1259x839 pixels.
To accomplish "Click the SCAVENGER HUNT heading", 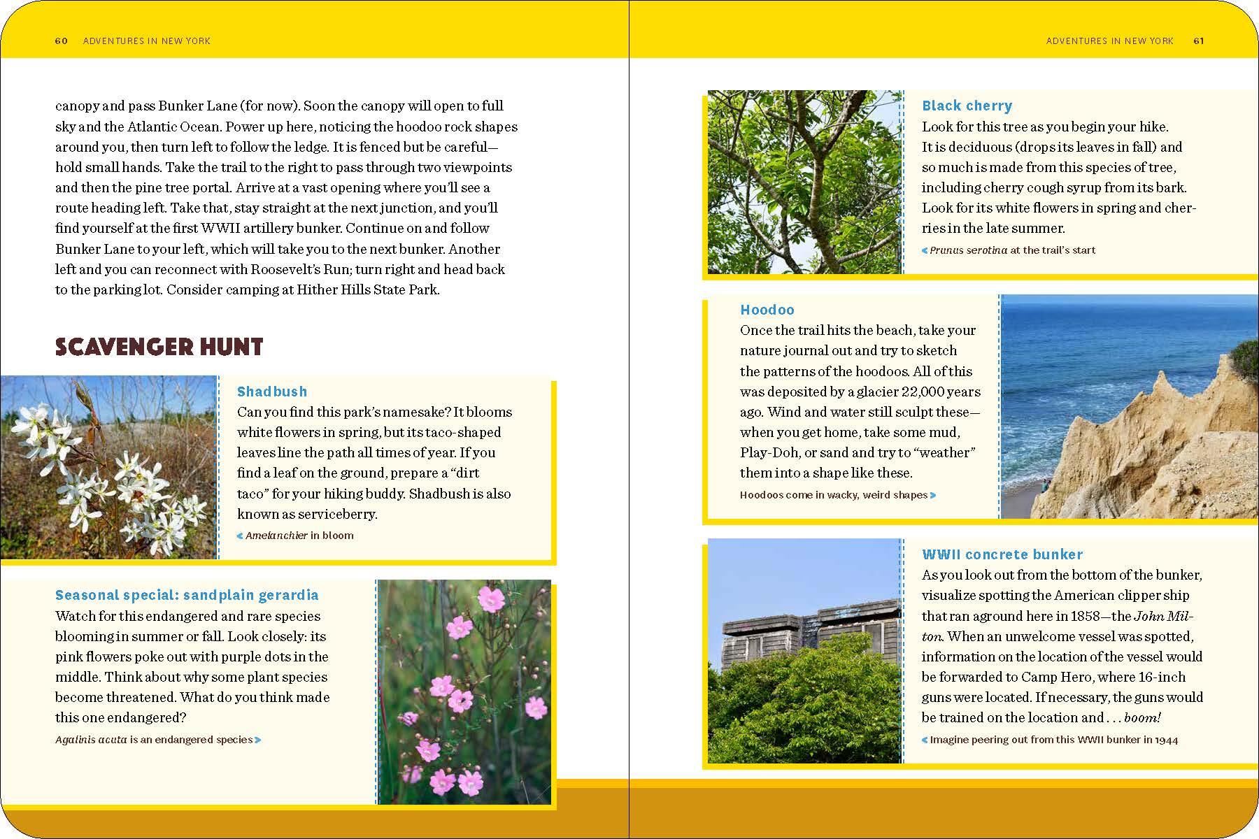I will (x=159, y=347).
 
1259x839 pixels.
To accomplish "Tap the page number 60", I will (x=62, y=41).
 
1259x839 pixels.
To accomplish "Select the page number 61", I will (x=1199, y=41).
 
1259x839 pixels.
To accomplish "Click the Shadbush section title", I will (x=272, y=392).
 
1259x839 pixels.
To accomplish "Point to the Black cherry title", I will (x=967, y=106).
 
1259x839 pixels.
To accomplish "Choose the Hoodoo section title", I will (x=767, y=310).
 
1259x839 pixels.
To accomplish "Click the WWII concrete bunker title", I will (x=1002, y=554).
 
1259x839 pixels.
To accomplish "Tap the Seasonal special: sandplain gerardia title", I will (x=187, y=595).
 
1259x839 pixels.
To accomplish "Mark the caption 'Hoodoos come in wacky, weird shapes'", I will (x=834, y=495).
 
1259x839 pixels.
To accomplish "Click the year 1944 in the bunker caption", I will (x=1166, y=739).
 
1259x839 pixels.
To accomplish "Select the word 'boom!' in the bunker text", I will (x=1142, y=717).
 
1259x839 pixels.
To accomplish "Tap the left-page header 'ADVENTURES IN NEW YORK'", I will (x=146, y=41).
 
